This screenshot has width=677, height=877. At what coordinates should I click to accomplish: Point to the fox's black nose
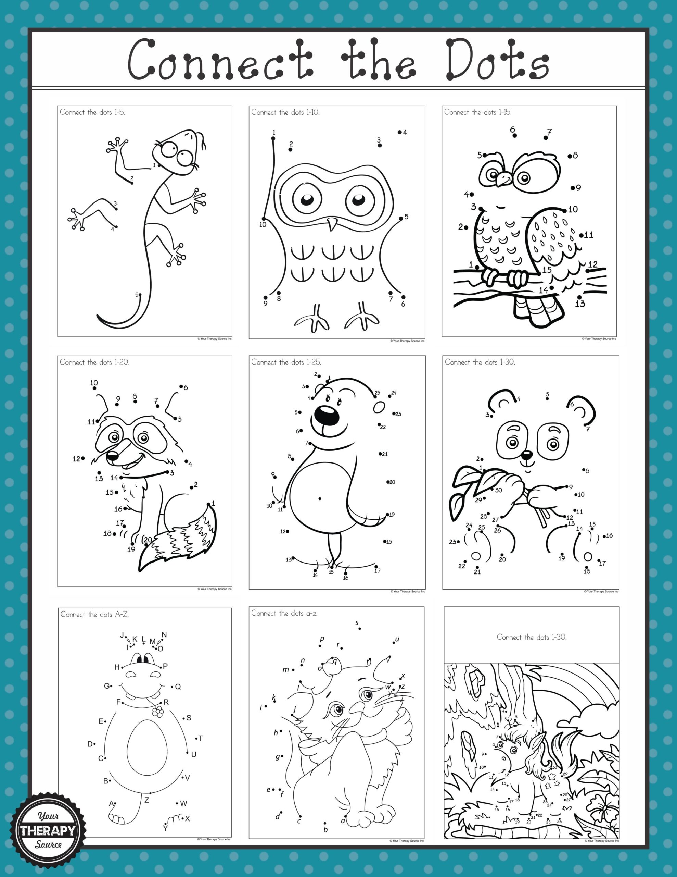coord(112,456)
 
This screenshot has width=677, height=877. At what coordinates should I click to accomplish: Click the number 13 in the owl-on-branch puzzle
coord(580,304)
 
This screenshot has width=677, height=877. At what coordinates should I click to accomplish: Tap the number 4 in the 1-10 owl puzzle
coord(405,133)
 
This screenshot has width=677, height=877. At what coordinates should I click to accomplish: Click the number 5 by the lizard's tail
coord(137,294)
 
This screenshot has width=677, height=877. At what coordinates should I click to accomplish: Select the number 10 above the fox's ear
coord(94,383)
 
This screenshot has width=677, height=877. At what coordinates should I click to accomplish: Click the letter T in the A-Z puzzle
coord(201,738)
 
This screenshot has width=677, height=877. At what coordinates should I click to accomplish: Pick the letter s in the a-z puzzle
coord(357,623)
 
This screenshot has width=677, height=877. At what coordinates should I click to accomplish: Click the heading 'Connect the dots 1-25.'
coord(286,362)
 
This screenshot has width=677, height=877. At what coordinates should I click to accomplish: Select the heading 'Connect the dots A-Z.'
coord(94,614)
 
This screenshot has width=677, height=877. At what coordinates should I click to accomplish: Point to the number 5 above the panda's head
coord(547,395)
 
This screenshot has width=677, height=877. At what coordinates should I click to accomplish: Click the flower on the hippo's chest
coord(159,712)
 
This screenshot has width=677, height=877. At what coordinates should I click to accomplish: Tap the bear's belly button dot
coord(319,499)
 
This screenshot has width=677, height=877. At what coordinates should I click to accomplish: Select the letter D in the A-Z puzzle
coord(90,744)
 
